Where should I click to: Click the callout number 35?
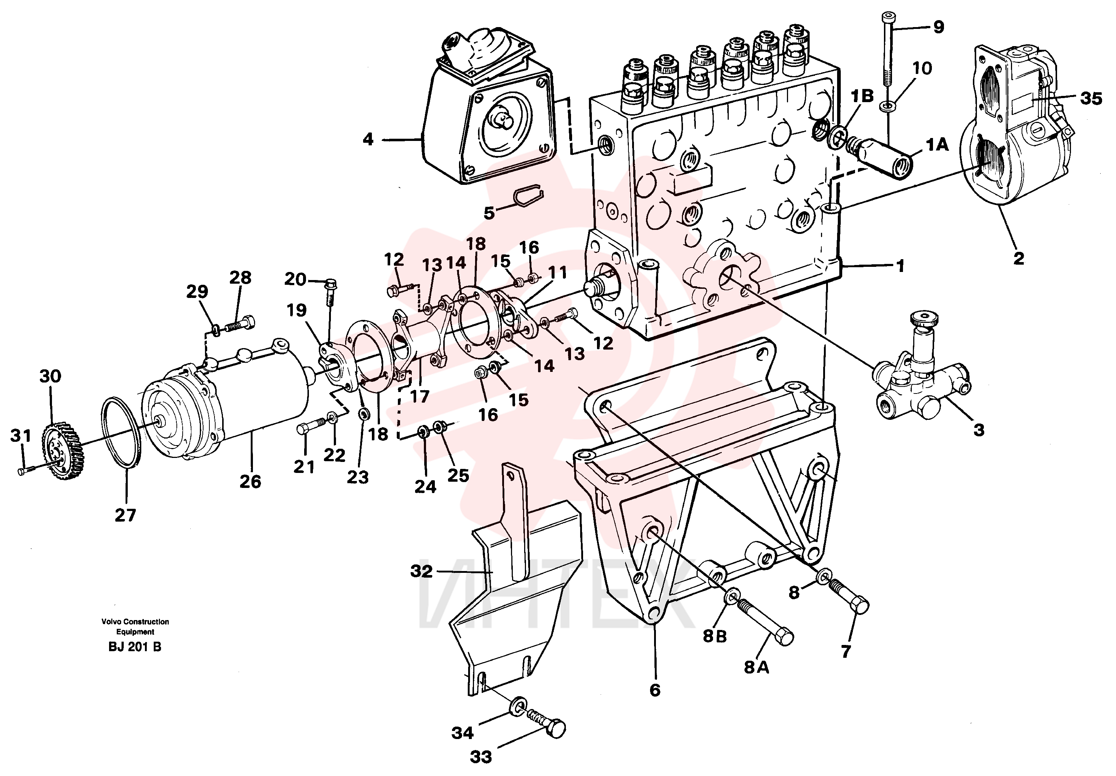(1091, 99)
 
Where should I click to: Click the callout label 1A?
(937, 145)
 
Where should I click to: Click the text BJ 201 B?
(135, 647)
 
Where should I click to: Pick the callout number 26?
(250, 481)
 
